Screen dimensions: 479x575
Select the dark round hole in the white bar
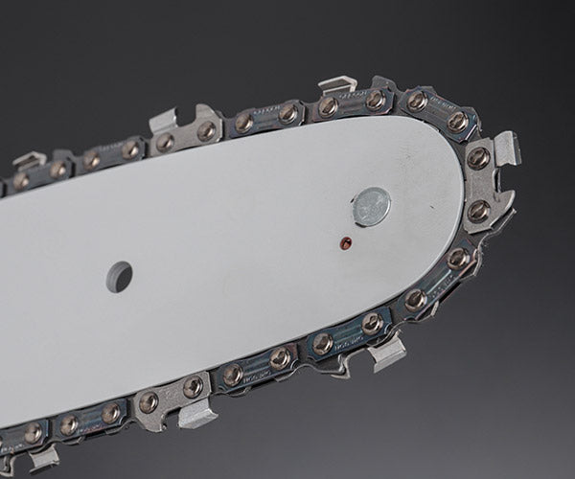point(120,276)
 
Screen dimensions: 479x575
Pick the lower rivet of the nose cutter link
point(478,209)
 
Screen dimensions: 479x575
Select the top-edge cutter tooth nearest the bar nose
point(337,86)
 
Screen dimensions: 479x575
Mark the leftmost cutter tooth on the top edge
point(29,159)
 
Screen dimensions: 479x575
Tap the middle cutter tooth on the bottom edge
point(197,412)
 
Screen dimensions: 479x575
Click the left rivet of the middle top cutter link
point(166,142)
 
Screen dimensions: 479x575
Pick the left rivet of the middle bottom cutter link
point(148,401)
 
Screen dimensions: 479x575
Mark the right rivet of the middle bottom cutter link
point(192,386)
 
